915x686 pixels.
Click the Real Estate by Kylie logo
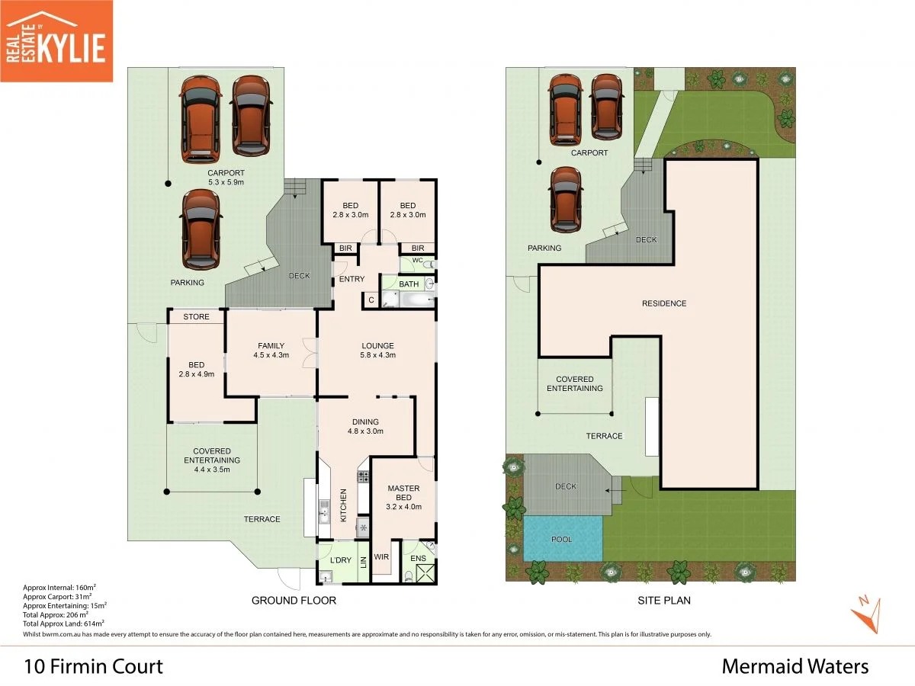(x=56, y=40)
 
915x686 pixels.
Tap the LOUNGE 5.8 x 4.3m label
(x=377, y=350)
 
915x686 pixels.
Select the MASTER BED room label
(x=403, y=497)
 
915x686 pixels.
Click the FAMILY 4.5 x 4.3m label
(x=271, y=350)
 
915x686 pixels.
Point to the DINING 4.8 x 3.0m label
(x=365, y=426)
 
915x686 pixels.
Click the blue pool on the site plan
(x=563, y=539)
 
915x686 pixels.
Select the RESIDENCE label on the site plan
(x=663, y=303)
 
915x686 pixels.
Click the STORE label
(x=196, y=316)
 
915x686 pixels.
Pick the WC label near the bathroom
(x=417, y=261)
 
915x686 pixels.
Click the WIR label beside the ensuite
(x=381, y=556)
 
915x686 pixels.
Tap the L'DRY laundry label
(x=340, y=560)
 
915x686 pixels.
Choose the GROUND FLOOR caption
(x=294, y=601)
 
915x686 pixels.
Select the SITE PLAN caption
(x=663, y=601)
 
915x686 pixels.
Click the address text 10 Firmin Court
(x=94, y=667)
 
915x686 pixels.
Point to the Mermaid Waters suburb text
(x=795, y=667)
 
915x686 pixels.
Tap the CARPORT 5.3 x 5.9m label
(x=226, y=178)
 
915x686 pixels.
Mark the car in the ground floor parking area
(x=201, y=229)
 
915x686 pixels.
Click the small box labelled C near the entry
(x=371, y=300)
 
